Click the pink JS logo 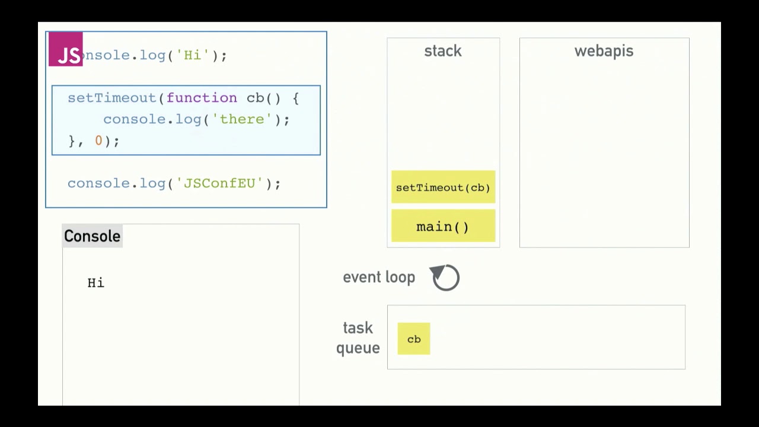point(66,49)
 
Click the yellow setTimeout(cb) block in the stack point(443,187)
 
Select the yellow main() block point(443,227)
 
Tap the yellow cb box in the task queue point(414,339)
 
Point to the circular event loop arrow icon point(445,278)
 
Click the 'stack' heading point(443,51)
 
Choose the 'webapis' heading point(604,51)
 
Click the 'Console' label point(92,236)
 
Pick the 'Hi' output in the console point(96,283)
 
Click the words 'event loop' point(379,278)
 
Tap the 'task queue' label point(358,338)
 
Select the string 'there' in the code point(241,119)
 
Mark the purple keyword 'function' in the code point(202,98)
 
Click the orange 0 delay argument point(98,141)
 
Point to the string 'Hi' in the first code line point(192,55)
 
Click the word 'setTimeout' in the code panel point(111,98)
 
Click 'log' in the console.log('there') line point(188,119)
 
